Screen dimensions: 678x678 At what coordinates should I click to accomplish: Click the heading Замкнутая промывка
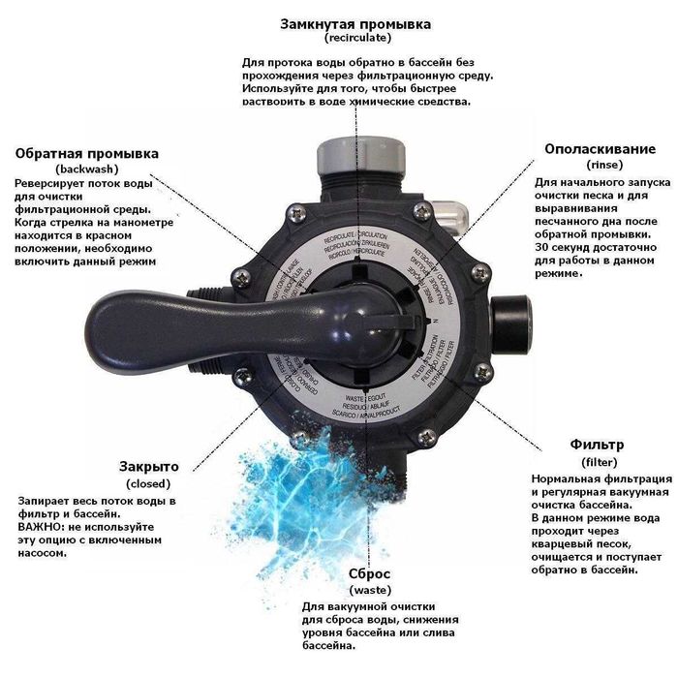355,23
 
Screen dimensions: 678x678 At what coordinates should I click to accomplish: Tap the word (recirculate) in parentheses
355,39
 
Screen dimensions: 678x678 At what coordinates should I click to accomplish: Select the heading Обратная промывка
87,153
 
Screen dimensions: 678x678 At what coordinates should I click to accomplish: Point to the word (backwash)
87,169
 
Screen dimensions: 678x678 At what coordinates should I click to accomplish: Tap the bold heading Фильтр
596,445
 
